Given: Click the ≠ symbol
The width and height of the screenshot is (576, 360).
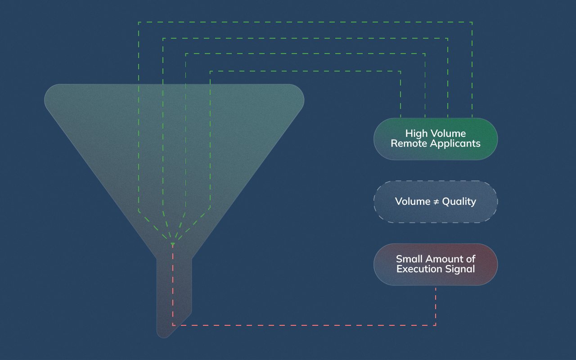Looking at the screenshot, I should coord(436,202).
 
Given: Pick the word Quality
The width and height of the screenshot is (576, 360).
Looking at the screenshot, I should coord(459,202).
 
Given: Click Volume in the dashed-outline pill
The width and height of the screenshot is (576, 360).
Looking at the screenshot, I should coord(413,202).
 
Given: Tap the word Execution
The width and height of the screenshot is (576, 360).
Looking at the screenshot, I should coord(417,269).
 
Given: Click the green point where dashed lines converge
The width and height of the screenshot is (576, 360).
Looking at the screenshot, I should coord(173,244).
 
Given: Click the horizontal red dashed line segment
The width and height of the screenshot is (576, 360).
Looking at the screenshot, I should coord(306,325).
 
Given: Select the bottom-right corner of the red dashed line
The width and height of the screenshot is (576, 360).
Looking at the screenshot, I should coord(436,325).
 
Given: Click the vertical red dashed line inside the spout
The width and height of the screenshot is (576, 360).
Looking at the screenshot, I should coord(173,288).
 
